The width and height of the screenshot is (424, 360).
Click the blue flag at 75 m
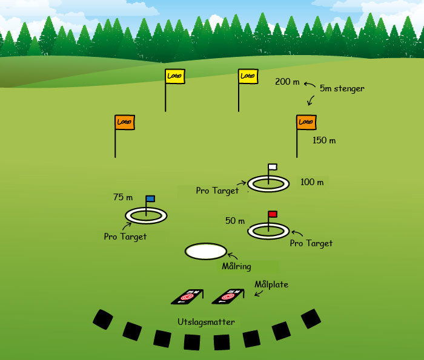pos(150,198)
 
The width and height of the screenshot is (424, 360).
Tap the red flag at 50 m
pos(273,214)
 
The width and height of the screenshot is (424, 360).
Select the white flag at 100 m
pos(273,166)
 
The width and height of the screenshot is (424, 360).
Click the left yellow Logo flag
pos(175,76)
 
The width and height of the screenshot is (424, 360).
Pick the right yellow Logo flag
pos(247,76)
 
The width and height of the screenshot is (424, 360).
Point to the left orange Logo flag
pos(125,122)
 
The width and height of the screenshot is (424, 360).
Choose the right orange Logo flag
pos(306,122)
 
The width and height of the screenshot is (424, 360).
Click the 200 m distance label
pos(287,82)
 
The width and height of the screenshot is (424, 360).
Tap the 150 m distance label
pos(324,140)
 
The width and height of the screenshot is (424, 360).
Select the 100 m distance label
pos(312,182)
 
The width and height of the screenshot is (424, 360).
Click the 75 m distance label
pos(123,197)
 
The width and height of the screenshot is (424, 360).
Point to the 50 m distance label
pos(235,221)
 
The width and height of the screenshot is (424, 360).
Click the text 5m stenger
pos(342,88)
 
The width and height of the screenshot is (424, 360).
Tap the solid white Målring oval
pos(206,251)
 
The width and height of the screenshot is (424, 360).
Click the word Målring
pos(236,266)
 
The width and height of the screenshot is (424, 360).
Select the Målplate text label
pos(271,284)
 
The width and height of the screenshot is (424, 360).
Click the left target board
pos(188,296)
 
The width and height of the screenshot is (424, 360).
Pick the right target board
pos(228,296)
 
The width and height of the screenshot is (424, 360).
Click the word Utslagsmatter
pos(206,322)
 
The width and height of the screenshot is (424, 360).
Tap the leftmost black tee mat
pos(102,319)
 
